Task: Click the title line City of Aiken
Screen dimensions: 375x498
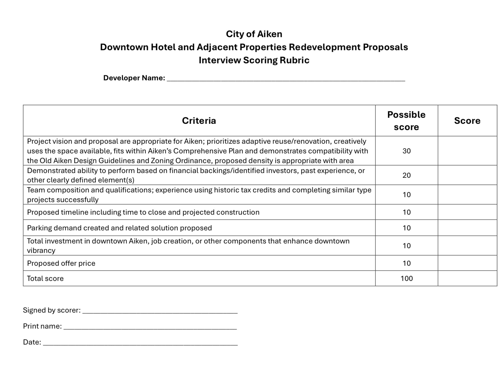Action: (x=254, y=34)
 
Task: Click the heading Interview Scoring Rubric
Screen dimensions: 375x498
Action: (x=254, y=60)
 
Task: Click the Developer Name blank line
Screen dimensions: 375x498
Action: (x=286, y=79)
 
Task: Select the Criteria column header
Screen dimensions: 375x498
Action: (x=199, y=121)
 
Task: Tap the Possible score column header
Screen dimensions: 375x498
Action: (x=406, y=121)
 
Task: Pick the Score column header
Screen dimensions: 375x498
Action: (x=467, y=121)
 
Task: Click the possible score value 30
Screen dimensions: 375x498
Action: (x=406, y=151)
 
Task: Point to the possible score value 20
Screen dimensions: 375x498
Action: (x=406, y=175)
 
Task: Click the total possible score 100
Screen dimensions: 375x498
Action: (x=406, y=278)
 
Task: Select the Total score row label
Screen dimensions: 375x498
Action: (x=45, y=278)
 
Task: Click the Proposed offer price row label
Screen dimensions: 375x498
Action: (x=61, y=263)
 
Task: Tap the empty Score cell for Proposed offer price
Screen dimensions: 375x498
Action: (x=467, y=263)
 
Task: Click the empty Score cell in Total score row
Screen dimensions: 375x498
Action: (x=467, y=278)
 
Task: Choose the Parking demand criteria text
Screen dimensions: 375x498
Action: (x=119, y=228)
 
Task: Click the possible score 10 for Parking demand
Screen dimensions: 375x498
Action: (x=406, y=228)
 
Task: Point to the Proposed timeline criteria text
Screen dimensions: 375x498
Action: (x=143, y=212)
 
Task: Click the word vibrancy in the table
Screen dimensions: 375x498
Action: (x=41, y=251)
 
